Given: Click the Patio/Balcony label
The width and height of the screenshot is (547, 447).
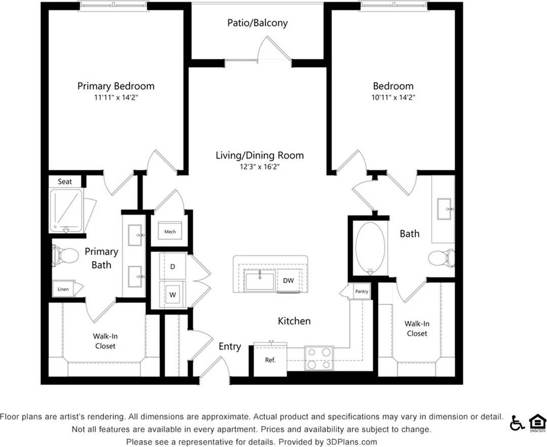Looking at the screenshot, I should click(257, 23).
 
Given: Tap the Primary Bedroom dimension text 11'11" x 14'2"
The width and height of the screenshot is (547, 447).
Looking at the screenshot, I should click(115, 98).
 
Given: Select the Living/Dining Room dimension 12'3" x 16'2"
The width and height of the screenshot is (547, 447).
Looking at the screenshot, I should click(259, 166).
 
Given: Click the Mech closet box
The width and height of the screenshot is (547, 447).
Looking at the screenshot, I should click(170, 232).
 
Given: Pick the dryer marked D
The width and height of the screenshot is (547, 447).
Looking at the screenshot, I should click(172, 266).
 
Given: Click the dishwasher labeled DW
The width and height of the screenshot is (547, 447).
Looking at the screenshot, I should click(288, 281).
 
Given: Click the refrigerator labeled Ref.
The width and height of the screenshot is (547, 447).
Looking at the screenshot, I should click(270, 360).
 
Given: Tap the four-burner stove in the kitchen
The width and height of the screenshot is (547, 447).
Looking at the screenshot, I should click(319, 358).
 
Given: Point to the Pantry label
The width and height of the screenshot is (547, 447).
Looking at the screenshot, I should click(361, 291).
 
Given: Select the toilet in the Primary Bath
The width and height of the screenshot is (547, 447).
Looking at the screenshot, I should click(65, 255).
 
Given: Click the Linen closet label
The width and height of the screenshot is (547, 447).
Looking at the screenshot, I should click(63, 289).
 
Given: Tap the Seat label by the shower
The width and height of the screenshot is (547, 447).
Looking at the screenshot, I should click(65, 181).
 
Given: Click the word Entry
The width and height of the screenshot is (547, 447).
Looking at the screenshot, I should click(229, 347).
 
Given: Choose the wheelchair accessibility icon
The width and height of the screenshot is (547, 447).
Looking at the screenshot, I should click(517, 422).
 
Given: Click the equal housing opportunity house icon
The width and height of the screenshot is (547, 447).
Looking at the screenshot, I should click(537, 422).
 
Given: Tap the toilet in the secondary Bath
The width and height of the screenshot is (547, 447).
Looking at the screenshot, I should click(442, 258).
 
